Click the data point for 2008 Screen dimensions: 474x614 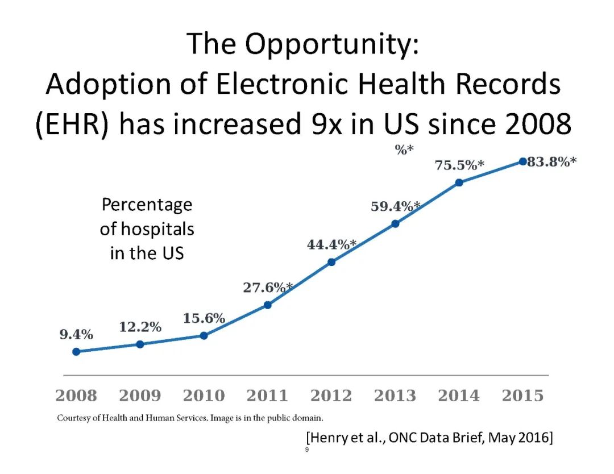(x=76, y=351)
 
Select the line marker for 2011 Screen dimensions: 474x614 (x=268, y=305)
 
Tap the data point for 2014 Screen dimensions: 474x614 (x=459, y=182)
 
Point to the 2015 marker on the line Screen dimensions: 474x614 (x=523, y=161)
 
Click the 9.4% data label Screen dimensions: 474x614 (x=76, y=335)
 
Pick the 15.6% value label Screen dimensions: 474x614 (x=204, y=318)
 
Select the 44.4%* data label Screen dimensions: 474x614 (x=331, y=244)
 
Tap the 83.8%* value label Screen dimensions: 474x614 (x=551, y=162)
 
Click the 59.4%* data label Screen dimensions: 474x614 (x=396, y=206)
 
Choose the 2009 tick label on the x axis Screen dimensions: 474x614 (x=140, y=396)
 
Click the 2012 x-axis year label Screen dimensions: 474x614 (x=331, y=396)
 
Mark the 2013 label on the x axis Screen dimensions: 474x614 (x=395, y=396)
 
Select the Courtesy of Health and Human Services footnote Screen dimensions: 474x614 (x=190, y=419)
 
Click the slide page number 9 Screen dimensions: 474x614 (x=307, y=450)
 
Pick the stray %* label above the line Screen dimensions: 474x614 (x=404, y=150)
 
